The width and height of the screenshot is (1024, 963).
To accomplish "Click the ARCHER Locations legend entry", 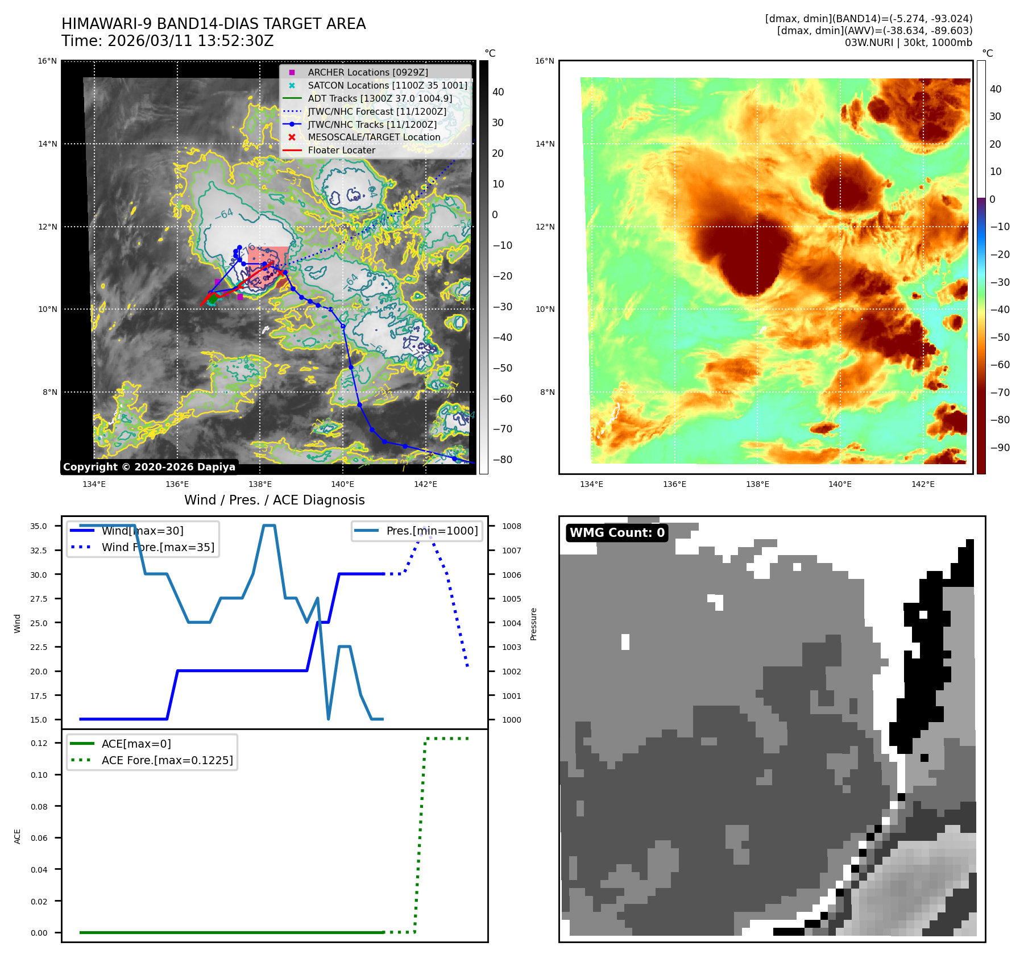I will point(367,72).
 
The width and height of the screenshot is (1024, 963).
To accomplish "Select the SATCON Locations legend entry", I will point(387,85).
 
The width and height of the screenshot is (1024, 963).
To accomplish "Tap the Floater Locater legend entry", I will point(341,150).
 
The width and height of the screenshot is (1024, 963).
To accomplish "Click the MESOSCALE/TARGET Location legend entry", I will point(374,137).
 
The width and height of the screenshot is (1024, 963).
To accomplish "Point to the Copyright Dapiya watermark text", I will point(149,467).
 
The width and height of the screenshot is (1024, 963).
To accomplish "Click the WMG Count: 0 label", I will point(617,532).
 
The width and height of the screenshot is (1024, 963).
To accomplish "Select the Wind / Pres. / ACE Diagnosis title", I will point(274,500).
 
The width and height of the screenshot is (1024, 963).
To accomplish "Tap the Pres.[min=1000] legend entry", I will point(432,531).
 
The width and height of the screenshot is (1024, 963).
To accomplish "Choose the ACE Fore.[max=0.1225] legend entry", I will point(167,760).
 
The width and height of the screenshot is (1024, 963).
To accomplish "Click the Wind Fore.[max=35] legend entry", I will point(157,547).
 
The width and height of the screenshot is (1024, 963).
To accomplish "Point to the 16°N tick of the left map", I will point(47,61).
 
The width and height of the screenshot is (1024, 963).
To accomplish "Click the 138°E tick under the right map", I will point(757,484).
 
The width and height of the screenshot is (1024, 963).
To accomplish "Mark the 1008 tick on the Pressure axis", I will point(511,526).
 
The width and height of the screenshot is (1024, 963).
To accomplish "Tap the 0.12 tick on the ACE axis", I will point(39,743).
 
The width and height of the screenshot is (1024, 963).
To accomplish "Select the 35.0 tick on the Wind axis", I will point(39,526).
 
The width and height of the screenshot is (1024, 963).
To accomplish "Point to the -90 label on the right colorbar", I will point(1000,448).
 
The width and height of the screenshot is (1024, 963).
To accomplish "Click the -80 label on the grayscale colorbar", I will point(502,460).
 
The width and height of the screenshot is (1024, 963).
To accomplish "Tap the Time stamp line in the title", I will point(168,41).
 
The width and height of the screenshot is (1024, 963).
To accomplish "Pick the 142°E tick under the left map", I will point(425,484).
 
